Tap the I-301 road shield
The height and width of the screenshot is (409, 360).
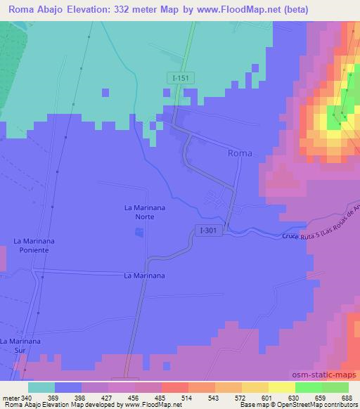[x=206, y=230]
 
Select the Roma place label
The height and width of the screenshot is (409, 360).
[x=240, y=152]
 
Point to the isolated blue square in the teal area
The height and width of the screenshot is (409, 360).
[x=105, y=92]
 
